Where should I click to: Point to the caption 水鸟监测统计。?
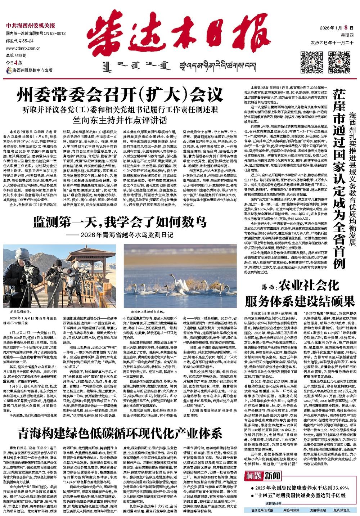(21, 309)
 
